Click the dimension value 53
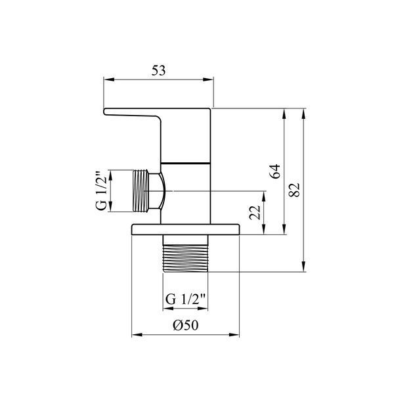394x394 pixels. point(158,71)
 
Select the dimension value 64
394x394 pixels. point(275,171)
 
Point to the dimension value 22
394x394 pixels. point(255,212)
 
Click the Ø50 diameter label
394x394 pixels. point(185,325)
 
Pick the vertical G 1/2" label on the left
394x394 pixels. point(102,191)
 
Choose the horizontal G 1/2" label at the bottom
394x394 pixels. point(185,299)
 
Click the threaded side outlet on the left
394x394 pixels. point(141,191)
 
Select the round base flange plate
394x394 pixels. point(185,229)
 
